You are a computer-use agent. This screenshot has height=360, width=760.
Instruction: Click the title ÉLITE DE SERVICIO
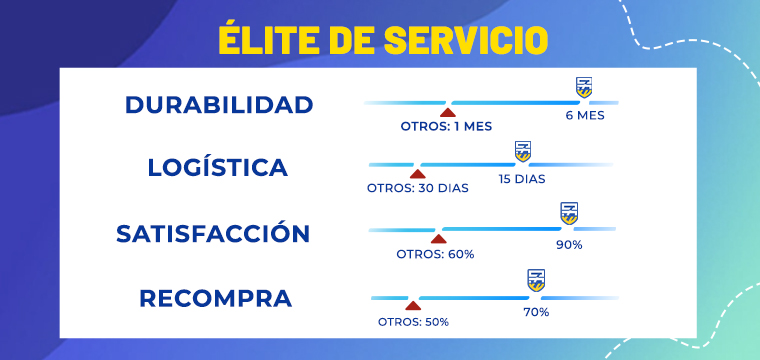click(x=382, y=40)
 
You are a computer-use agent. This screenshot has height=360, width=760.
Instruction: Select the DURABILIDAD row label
click(x=219, y=105)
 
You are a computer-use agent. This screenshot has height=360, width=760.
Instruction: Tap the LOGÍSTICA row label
click(x=217, y=167)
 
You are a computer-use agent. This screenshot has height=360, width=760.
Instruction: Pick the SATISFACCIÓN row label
click(x=213, y=234)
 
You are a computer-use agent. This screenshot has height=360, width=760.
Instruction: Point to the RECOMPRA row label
click(x=216, y=298)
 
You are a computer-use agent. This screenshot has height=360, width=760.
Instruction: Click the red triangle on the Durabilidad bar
click(x=448, y=110)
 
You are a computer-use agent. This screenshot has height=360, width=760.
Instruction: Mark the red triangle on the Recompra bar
click(x=413, y=304)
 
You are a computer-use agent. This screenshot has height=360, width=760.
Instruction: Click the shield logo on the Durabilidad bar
click(x=583, y=87)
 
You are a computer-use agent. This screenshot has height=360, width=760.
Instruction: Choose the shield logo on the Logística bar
click(x=522, y=151)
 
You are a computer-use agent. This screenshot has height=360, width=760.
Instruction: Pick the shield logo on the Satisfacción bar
click(x=569, y=213)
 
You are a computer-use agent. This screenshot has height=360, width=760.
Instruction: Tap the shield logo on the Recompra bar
click(x=536, y=280)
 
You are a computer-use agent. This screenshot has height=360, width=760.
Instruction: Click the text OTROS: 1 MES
click(x=446, y=127)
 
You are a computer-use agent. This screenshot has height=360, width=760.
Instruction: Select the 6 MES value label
click(x=585, y=115)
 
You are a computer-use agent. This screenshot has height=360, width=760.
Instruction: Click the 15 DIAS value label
click(x=522, y=179)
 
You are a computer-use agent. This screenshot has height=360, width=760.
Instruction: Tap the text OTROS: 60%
click(x=435, y=254)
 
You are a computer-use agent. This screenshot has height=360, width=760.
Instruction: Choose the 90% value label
click(x=570, y=244)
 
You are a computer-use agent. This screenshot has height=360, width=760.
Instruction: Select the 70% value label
click(x=536, y=312)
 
